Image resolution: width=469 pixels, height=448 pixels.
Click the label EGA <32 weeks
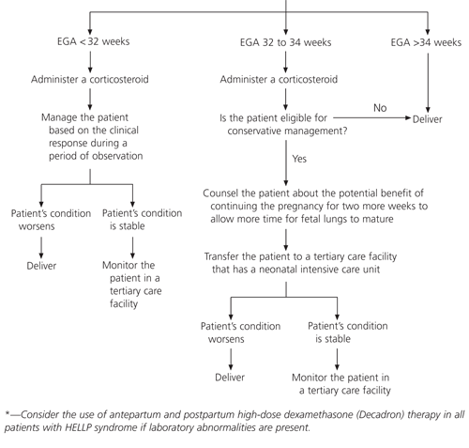89,43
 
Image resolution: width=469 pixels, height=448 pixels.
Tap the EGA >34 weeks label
429,43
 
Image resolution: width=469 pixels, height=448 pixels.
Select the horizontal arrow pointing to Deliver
375,119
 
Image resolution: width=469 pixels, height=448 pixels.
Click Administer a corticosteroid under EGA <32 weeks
89,81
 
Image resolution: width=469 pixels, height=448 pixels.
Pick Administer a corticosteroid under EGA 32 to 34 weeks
279,81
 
